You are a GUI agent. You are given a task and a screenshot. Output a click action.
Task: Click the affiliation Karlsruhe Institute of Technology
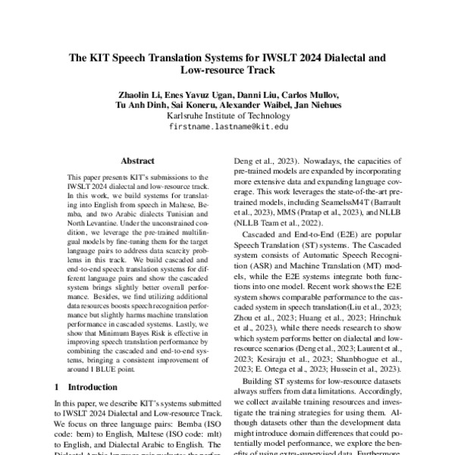pyautogui.click(x=227, y=116)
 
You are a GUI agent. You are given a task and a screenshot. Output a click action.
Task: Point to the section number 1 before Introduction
pyautogui.click(x=57, y=386)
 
